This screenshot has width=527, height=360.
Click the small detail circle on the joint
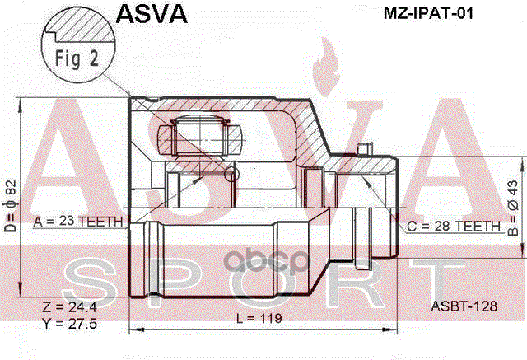pyautogui.click(x=231, y=175)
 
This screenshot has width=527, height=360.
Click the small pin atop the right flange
pyautogui.click(x=363, y=149)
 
